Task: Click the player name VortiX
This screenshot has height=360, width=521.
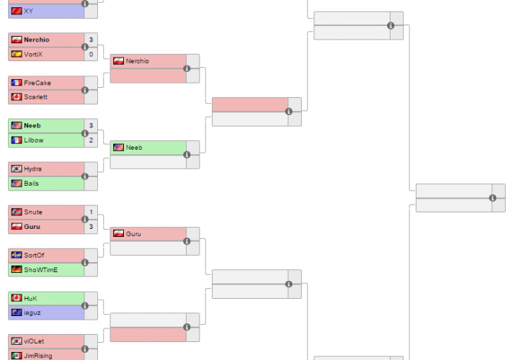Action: click(x=33, y=54)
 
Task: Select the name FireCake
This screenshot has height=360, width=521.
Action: click(x=37, y=83)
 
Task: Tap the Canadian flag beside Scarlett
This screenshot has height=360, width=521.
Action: click(x=17, y=96)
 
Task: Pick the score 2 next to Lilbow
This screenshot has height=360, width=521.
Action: click(x=91, y=140)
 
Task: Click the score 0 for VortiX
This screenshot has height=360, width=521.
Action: click(x=91, y=54)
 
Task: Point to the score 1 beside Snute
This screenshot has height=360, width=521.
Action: click(x=91, y=212)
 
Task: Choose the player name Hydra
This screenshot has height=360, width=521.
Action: click(x=32, y=168)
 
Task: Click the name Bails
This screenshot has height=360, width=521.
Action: click(x=31, y=184)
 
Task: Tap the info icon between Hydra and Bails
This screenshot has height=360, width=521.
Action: click(x=85, y=176)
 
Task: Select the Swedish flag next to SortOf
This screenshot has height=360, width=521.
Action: click(x=17, y=255)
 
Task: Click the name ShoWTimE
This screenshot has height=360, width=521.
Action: click(x=40, y=270)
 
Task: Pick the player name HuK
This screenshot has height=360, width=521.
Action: click(x=30, y=298)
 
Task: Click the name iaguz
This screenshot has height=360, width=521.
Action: click(x=32, y=312)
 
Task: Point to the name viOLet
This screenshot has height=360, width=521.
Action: click(x=34, y=341)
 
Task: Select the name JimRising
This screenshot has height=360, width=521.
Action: click(x=38, y=356)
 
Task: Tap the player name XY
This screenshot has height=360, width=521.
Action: click(x=28, y=11)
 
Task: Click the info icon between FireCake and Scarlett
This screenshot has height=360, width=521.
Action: click(x=85, y=90)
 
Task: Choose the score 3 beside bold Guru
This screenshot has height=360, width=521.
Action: click(x=91, y=227)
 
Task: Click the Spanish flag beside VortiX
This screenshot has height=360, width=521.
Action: click(x=17, y=54)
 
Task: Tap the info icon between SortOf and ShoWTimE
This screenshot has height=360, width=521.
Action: click(x=85, y=263)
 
